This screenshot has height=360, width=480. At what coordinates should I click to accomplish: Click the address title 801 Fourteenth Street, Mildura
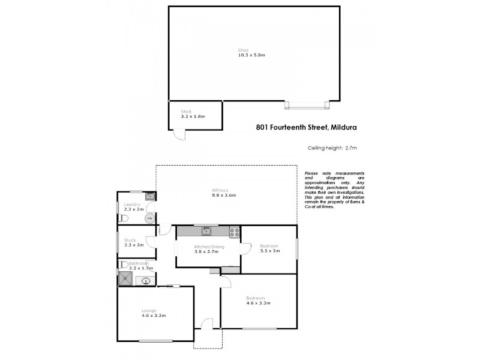pos(307,127)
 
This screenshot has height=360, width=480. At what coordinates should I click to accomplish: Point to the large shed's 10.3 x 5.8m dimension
pos(251,55)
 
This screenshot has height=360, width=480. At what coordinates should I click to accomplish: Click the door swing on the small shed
pos(179,136)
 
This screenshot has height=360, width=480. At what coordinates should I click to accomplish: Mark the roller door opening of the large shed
pos(307,106)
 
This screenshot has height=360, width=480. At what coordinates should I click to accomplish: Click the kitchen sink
pos(206,231)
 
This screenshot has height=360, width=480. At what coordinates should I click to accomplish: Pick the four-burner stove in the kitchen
pos(234,232)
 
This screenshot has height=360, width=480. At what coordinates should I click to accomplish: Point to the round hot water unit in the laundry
pos(148,218)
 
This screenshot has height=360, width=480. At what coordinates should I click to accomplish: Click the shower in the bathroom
pos(126,278)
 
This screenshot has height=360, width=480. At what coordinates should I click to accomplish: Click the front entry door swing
pos(207,324)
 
